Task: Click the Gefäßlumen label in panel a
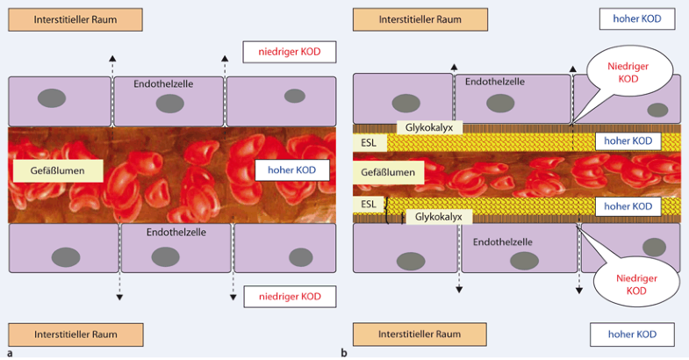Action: (x=58, y=169)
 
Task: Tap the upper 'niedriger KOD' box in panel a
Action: (x=289, y=52)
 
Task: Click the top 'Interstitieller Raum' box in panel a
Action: (x=74, y=18)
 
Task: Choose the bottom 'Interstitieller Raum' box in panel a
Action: (x=74, y=335)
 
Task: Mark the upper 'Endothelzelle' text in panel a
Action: (x=163, y=83)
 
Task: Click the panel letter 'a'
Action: (x=8, y=353)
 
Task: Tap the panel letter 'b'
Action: (x=343, y=353)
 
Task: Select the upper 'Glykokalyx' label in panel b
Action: (x=430, y=127)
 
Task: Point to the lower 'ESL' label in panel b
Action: (x=368, y=205)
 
